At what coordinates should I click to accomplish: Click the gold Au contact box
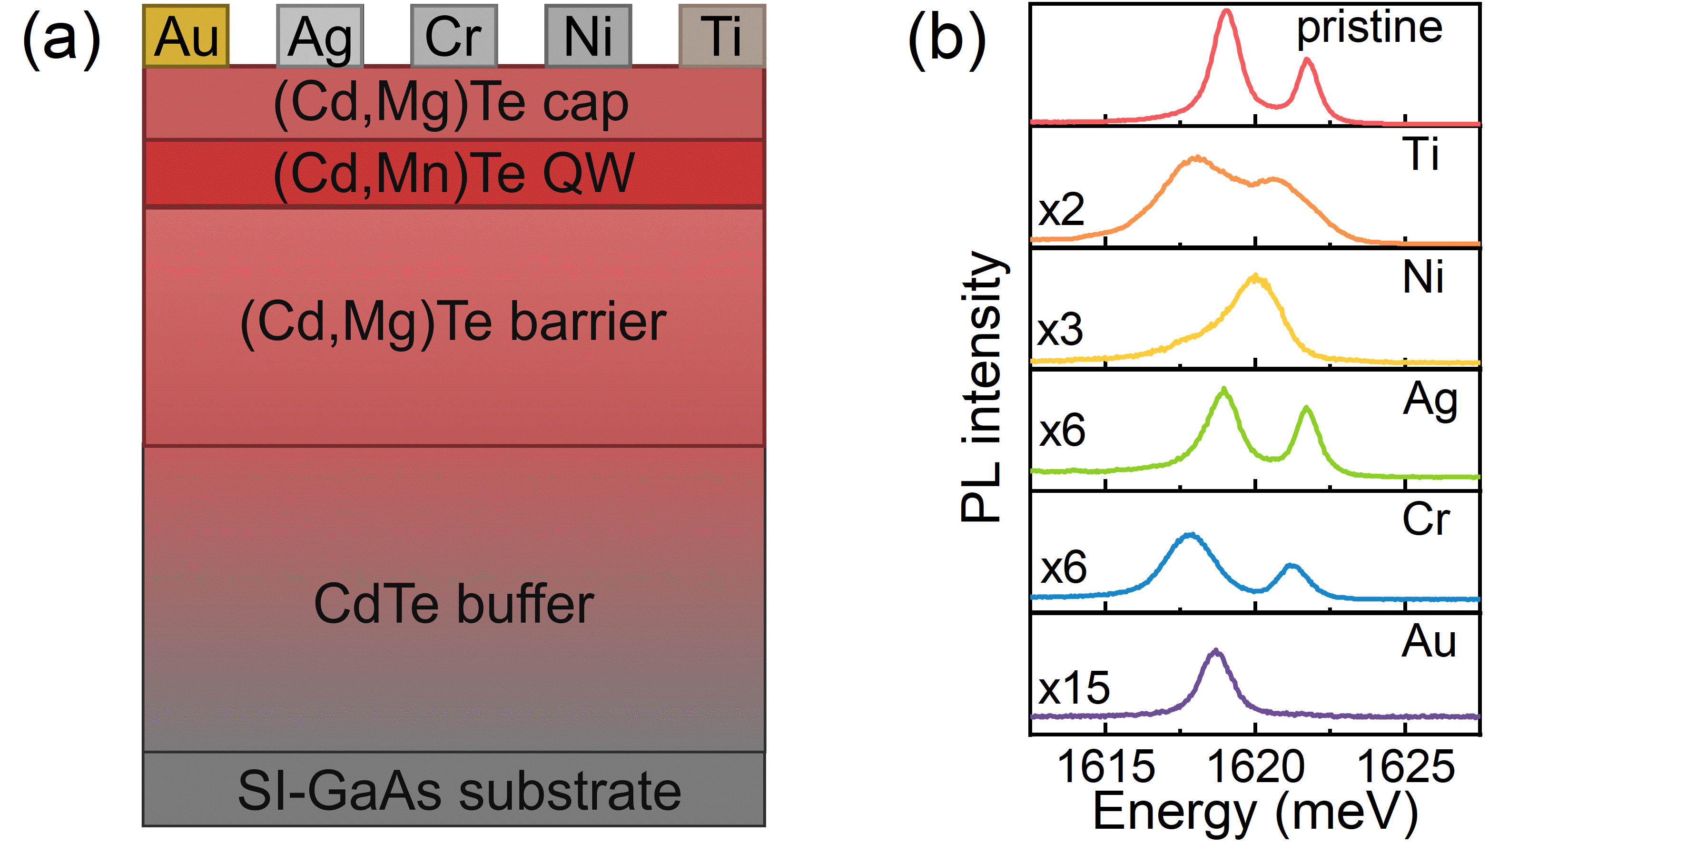coord(186,36)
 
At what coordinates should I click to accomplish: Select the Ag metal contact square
coord(320,36)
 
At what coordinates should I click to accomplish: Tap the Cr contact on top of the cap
coord(454,36)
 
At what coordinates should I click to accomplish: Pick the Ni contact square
coord(588,36)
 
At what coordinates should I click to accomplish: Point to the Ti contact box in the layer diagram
coord(722,36)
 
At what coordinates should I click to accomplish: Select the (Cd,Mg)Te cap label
coord(452,103)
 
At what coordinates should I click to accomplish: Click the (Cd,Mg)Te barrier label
coord(454,322)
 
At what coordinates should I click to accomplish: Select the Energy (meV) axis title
coord(1255,812)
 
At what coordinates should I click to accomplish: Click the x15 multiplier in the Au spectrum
coord(1074,688)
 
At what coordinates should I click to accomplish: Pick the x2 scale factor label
coord(1061,209)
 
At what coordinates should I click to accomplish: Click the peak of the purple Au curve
coord(1215,651)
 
